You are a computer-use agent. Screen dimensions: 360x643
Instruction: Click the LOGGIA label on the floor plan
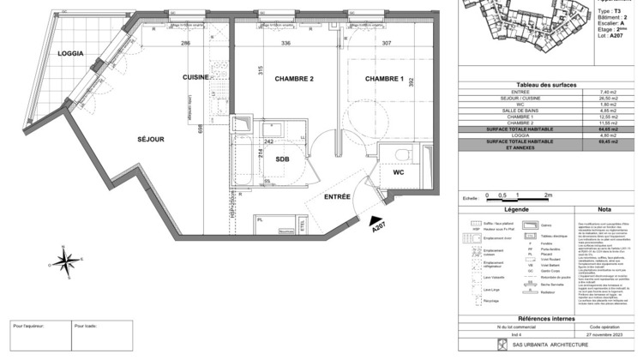coord(71,53)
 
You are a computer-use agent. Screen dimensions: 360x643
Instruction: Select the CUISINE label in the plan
coord(195,78)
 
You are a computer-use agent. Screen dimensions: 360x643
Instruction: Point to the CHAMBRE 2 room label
coord(294,79)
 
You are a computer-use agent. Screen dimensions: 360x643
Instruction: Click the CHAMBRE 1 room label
coord(385,79)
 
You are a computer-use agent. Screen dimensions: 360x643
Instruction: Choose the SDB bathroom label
coord(282,159)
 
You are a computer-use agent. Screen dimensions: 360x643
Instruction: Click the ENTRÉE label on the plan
coord(339,196)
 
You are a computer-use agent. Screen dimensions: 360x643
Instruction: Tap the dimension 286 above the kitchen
coord(183,42)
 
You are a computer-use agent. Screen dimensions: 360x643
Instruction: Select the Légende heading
coord(516,208)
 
